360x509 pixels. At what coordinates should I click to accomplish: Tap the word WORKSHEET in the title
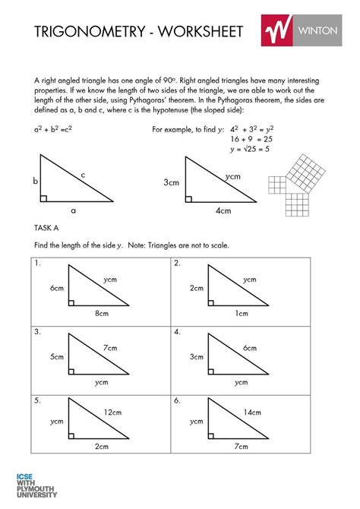coord(200,31)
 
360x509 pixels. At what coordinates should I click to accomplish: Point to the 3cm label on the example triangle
coord(172,182)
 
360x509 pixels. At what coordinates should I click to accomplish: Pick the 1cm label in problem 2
coord(242,313)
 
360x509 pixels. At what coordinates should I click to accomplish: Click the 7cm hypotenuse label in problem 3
coord(111,346)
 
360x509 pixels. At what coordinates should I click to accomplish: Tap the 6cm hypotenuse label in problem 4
coord(251,347)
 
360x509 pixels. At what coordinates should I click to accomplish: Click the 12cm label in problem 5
coord(113,413)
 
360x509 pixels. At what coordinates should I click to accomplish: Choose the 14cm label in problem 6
coord(253,413)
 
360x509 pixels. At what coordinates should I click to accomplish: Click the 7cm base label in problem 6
coord(242,447)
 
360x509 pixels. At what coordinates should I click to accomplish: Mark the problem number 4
coord(177,332)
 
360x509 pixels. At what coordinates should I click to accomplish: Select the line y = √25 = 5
coord(250,150)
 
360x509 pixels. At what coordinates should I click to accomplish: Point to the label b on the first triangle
coord(35,182)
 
